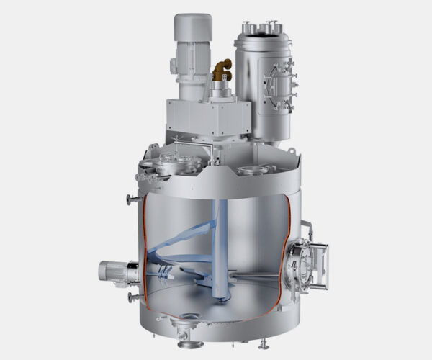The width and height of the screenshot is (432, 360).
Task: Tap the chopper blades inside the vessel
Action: [x=164, y=273]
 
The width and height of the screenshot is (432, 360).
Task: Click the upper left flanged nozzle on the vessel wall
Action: [x=130, y=199]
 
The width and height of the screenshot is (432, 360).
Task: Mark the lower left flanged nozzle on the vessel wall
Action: [x=130, y=297]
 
